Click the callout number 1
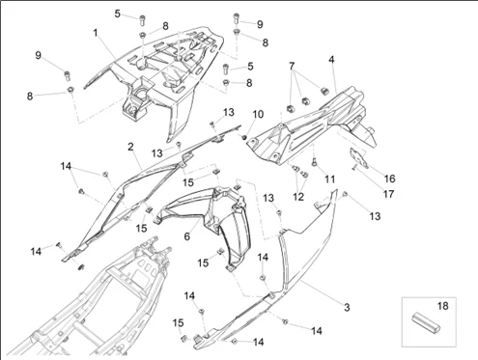pyautogui.click(x=96, y=33)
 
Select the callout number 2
pyautogui.click(x=129, y=147)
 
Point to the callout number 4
pyautogui.click(x=331, y=60)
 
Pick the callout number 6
pyautogui.click(x=188, y=235)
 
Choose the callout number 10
pyautogui.click(x=258, y=115)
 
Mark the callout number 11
pyautogui.click(x=328, y=180)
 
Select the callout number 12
pyautogui.click(x=298, y=196)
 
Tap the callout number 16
pyautogui.click(x=390, y=178)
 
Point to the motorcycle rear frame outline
pyautogui.click(x=106, y=309)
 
